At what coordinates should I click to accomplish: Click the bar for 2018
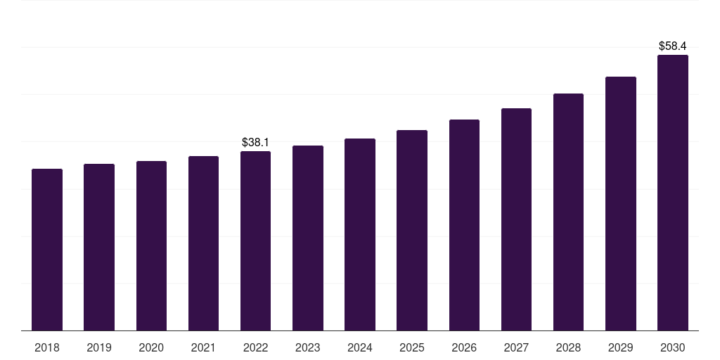point(47,250)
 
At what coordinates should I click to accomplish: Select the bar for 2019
point(99,247)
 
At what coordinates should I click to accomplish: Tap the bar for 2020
point(151,245)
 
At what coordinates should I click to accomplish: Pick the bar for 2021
point(203,243)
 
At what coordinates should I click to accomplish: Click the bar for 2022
point(255,240)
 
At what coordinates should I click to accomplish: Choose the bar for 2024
point(360,234)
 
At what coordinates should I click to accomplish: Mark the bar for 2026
point(464,225)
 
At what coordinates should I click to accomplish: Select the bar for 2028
point(568,212)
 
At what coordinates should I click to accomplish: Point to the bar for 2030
point(672,193)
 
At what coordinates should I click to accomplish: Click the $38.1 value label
point(255,142)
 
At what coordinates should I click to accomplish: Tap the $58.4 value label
point(672,46)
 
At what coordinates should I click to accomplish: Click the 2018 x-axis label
point(47,347)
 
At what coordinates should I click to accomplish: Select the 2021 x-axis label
point(203,347)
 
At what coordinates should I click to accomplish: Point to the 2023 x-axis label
point(307,347)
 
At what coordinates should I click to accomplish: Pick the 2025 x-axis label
point(412,347)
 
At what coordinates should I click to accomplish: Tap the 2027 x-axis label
point(516,347)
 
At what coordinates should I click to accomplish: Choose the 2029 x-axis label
point(620,347)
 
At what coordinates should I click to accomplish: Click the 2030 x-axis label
point(672,347)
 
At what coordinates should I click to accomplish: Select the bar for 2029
point(620,203)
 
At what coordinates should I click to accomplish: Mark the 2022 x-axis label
point(255,347)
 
